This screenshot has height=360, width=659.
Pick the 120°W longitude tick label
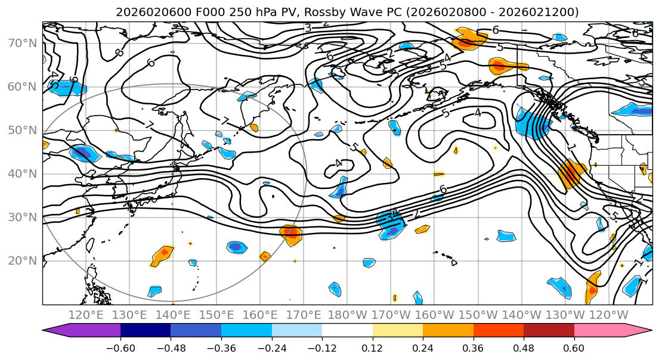coord(608,315)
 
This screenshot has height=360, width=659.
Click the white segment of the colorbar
coord(347,331)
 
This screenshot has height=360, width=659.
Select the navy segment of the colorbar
coord(146,331)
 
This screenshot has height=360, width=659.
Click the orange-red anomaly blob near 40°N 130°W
coord(570,174)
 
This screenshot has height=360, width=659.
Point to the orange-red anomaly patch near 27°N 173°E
coord(291,233)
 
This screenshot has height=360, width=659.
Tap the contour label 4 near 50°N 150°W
coord(478,112)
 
